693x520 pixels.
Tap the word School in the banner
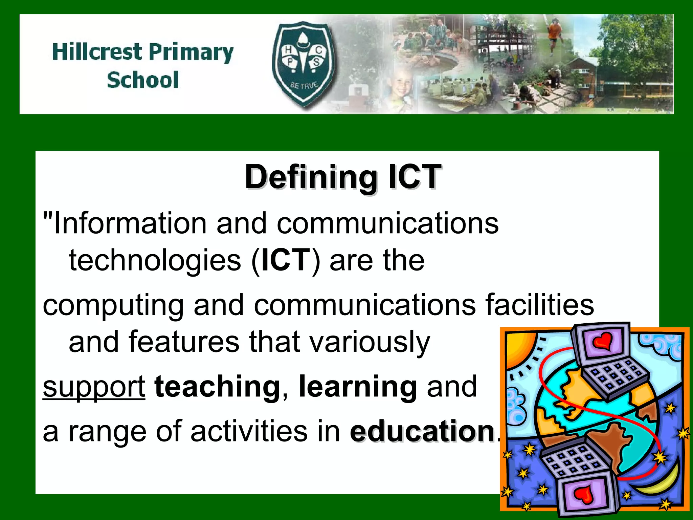pos(142,80)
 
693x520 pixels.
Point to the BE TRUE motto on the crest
pos(304,85)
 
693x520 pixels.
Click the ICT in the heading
pos(415,177)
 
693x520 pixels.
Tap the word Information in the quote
pos(130,223)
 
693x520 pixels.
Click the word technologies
pos(155,261)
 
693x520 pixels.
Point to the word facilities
pos(540,305)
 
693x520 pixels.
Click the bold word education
pos(423,431)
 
